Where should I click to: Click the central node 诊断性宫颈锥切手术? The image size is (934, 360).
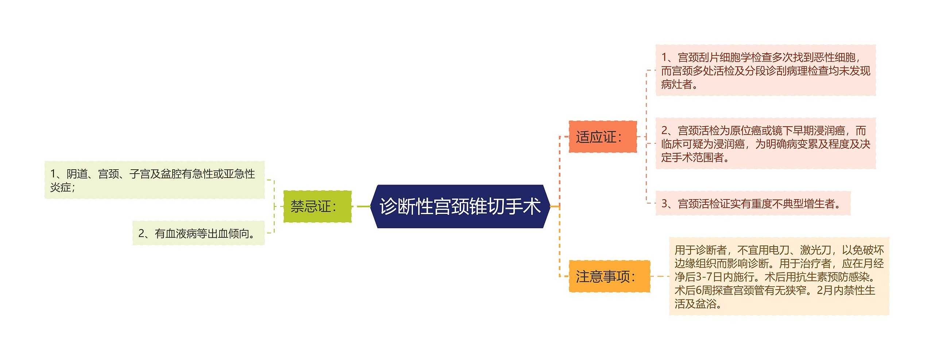pos(460,206)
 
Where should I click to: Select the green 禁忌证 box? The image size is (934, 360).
pos(317,206)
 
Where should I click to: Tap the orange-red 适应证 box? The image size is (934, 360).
pos(602,137)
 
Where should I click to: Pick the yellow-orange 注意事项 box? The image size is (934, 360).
pos(609,276)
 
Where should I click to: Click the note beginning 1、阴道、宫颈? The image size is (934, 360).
pos(154,180)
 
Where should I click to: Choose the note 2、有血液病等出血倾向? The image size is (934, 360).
pos(198,233)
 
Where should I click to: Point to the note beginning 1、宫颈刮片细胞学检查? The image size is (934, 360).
pos(765,70)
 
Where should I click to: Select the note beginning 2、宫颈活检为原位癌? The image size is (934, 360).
pos(765,144)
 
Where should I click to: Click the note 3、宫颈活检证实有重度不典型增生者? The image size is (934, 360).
pos(752,204)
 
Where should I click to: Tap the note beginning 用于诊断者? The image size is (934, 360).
pos(779,276)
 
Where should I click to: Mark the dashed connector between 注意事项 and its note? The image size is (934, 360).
pos(660,276)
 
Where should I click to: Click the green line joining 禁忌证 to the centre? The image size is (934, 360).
pos(363,206)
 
